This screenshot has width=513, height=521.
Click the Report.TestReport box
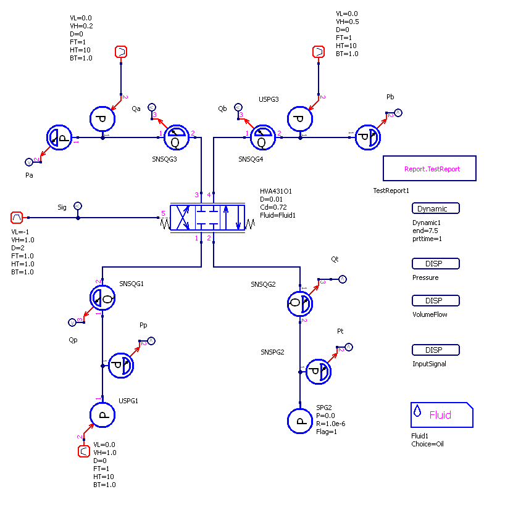pyautogui.click(x=430, y=168)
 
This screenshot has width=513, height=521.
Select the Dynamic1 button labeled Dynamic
pyautogui.click(x=436, y=208)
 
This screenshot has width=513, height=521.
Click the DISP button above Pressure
pyautogui.click(x=436, y=264)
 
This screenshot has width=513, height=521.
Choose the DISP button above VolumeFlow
pyautogui.click(x=436, y=301)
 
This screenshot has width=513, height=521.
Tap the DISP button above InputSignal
pyautogui.click(x=436, y=350)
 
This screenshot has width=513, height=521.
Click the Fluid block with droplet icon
pyautogui.click(x=441, y=415)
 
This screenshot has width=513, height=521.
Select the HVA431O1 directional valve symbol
pyautogui.click(x=207, y=218)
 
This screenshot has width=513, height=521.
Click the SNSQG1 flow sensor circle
pyautogui.click(x=102, y=299)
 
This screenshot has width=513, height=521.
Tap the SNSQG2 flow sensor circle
pyautogui.click(x=300, y=303)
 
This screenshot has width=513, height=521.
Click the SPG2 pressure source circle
pyautogui.click(x=300, y=421)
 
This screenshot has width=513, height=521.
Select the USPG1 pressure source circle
pyautogui.click(x=102, y=415)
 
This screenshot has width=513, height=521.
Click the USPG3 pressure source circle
pyautogui.click(x=300, y=120)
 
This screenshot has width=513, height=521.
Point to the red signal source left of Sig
pyautogui.click(x=17, y=218)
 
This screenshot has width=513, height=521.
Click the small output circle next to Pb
pyautogui.click(x=398, y=112)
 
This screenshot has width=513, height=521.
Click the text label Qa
pyautogui.click(x=136, y=109)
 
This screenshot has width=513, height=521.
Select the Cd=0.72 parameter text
pyautogui.click(x=273, y=207)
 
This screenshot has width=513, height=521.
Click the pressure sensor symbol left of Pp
pyautogui.click(x=121, y=366)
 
